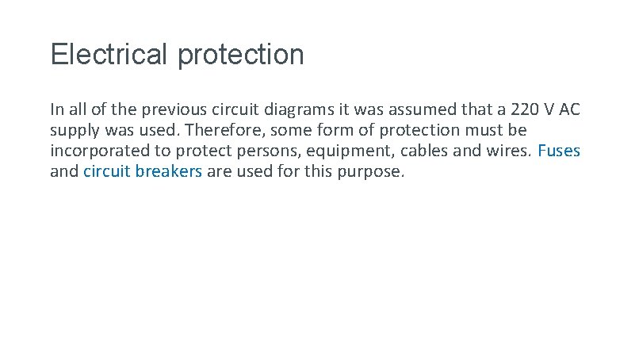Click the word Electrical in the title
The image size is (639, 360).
coord(110,55)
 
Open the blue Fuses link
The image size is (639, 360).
coord(559,151)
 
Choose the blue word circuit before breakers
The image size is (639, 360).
coord(108,171)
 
